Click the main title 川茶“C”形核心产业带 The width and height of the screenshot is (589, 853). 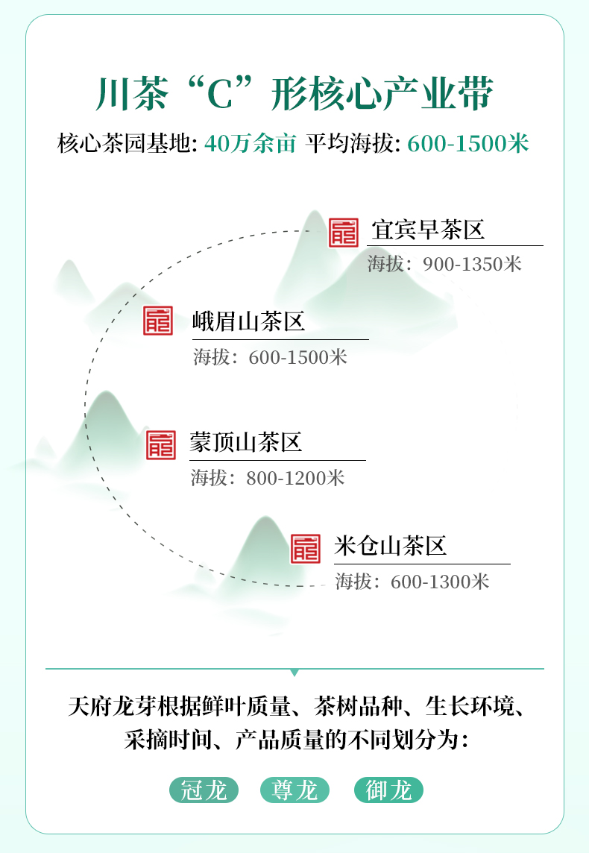294,94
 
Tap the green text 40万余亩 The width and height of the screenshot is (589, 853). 251,144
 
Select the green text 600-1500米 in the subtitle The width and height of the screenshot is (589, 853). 468,144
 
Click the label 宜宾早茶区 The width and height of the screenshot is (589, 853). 428,230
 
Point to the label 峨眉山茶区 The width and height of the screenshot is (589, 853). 248,321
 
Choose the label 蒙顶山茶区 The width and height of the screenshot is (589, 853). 246,442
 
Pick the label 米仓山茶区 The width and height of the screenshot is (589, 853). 391,547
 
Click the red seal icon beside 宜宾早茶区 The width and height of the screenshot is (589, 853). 344,233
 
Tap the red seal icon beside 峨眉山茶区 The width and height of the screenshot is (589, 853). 158,321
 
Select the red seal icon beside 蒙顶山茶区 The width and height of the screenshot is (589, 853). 161,445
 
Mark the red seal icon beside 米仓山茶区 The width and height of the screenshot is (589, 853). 306,548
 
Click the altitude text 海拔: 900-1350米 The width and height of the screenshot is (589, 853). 444,264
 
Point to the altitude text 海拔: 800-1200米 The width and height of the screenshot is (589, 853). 268,478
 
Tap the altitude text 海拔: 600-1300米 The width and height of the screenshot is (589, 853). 412,582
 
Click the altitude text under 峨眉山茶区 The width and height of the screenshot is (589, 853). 271,357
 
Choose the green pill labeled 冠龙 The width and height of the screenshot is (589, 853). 204,790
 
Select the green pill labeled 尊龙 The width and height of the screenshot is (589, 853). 294,790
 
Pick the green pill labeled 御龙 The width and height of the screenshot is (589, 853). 389,790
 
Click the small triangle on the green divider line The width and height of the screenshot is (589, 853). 294,673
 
